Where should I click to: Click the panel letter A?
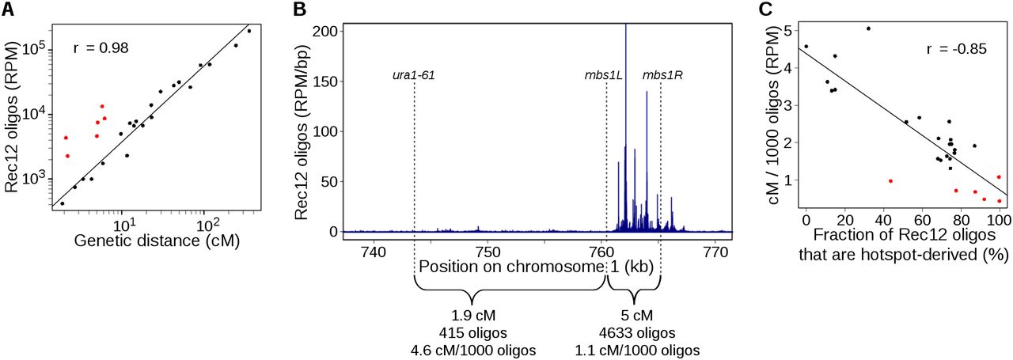coord(9,9)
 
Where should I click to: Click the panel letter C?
coord(764,9)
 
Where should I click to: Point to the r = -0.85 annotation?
coord(956,49)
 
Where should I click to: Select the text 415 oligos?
coord(472,332)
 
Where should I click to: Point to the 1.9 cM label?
coord(472,316)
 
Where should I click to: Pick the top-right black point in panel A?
coord(249,31)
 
